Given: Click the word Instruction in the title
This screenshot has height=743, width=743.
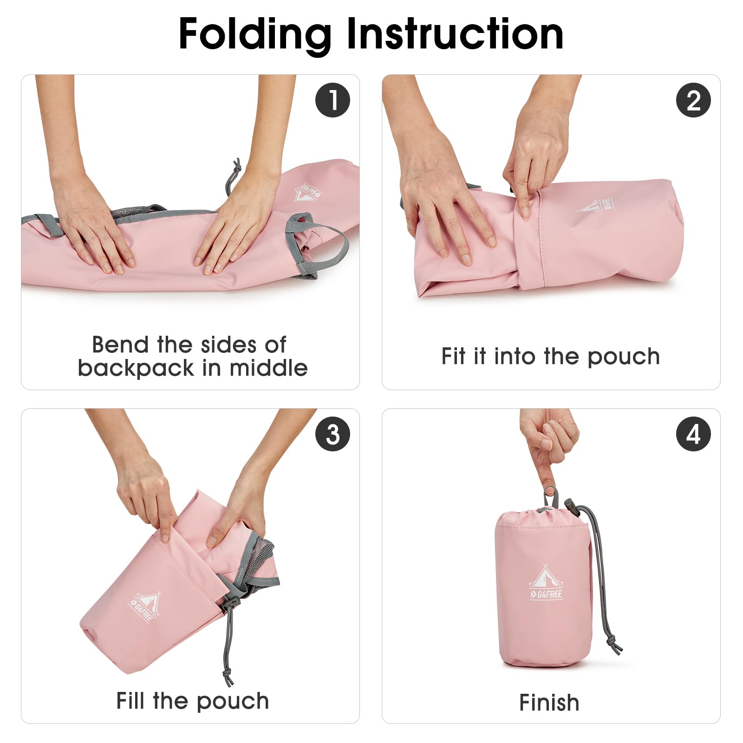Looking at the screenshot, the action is click(x=455, y=33).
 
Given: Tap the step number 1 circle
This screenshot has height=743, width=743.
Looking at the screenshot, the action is click(x=332, y=100).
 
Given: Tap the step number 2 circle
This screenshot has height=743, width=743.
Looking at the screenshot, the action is click(x=693, y=100).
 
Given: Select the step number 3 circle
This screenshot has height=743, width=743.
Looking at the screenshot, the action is click(x=332, y=434).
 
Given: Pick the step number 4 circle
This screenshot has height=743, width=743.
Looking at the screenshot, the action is click(x=693, y=434).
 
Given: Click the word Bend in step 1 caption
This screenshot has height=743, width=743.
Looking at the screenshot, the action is click(x=121, y=345).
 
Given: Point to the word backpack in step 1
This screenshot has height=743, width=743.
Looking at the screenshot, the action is click(x=136, y=368).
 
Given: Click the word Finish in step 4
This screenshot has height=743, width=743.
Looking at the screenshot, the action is click(x=549, y=702).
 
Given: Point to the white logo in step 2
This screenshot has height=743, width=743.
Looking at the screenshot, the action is click(x=596, y=205).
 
